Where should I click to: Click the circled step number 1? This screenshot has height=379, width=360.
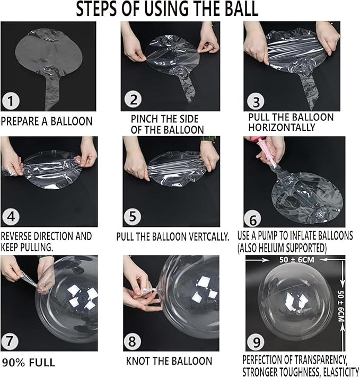[x=11, y=101]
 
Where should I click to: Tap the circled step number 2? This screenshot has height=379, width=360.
[x=133, y=99]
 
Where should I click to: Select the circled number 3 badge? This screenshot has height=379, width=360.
[x=256, y=102]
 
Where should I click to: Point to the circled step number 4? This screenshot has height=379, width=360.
[x=11, y=216]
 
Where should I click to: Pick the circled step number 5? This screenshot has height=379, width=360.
[x=133, y=216]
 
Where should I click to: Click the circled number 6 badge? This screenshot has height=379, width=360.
[x=253, y=219]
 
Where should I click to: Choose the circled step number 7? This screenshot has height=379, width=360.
[x=10, y=341]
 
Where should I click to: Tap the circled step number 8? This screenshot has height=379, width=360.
[x=132, y=341]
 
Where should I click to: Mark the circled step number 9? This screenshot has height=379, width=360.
[x=256, y=342]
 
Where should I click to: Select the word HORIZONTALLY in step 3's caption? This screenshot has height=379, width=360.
[x=282, y=127]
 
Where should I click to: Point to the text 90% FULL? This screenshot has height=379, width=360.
[x=29, y=363]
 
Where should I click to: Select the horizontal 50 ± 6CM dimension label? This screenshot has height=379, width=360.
[x=297, y=260]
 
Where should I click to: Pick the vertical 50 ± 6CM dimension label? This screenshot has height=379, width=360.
[x=341, y=306]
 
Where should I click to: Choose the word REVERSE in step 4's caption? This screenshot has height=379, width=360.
[x=16, y=236]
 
